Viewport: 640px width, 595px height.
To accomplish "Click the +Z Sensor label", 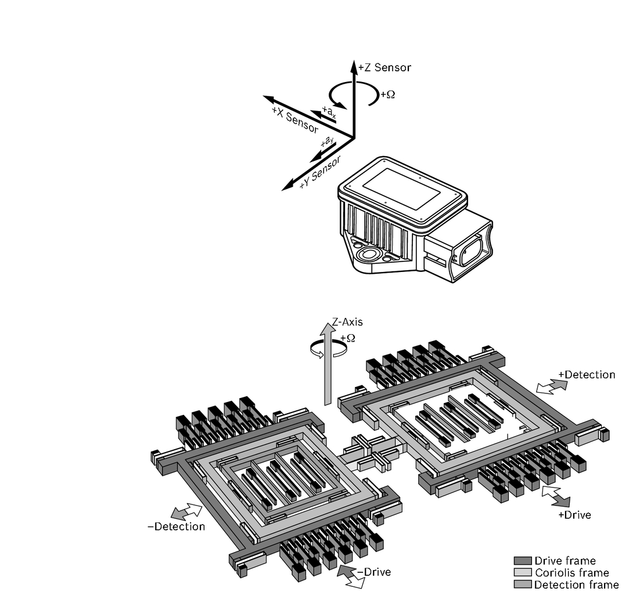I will [x=384, y=67].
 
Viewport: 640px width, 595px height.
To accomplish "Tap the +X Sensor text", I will [x=295, y=119].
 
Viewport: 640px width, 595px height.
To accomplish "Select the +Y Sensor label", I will [x=319, y=171].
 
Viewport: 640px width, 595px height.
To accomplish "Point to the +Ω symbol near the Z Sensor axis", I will [x=387, y=94].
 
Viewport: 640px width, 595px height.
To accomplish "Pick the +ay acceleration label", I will [x=327, y=141].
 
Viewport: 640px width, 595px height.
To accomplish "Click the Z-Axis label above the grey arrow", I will [x=347, y=321].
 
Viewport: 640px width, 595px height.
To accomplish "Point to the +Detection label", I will [x=587, y=375].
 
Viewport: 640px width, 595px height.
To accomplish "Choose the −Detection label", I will [x=176, y=526].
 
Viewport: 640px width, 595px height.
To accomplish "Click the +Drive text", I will [x=574, y=515].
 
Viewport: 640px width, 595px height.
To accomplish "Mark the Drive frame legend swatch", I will [x=523, y=561].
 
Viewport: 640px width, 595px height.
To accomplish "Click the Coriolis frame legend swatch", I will [x=523, y=573].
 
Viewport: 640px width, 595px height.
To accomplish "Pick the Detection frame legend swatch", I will [x=523, y=585].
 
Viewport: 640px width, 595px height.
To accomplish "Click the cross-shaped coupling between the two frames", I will [x=369, y=452].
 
